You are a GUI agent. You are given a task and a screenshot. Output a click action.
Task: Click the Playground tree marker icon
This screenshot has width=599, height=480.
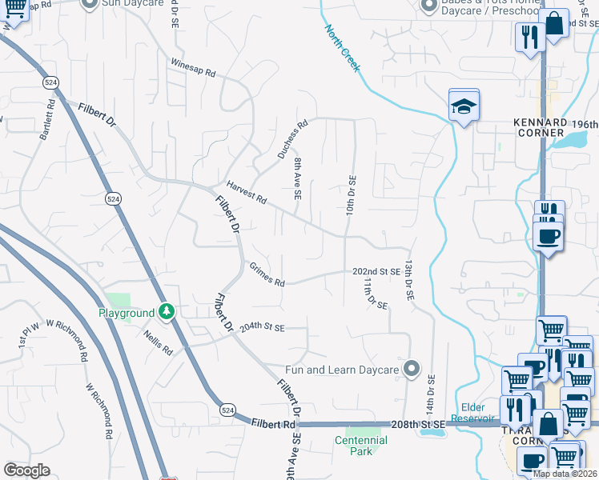[167, 310]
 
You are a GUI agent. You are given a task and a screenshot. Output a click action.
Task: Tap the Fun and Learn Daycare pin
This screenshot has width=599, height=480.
[412, 369]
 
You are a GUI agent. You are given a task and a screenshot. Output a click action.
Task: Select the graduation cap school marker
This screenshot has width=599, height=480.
[464, 106]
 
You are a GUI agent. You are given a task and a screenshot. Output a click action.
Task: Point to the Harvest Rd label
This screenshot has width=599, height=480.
[246, 192]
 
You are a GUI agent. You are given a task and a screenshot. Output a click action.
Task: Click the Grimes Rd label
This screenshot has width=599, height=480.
[267, 275]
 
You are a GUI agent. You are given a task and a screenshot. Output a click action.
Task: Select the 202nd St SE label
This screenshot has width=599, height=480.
[376, 272]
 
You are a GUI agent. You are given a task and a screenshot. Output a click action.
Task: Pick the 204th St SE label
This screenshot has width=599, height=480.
[262, 328]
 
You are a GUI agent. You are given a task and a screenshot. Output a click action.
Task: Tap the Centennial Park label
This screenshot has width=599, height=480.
[360, 446]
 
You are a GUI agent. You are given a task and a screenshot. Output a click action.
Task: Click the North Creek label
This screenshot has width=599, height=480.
[343, 48]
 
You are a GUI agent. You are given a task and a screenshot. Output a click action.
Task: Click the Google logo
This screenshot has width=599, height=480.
[27, 470]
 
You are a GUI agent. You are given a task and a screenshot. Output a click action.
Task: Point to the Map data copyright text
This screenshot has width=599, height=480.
[565, 474]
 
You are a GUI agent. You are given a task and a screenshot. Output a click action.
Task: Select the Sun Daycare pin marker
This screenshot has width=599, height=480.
[90, 2]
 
